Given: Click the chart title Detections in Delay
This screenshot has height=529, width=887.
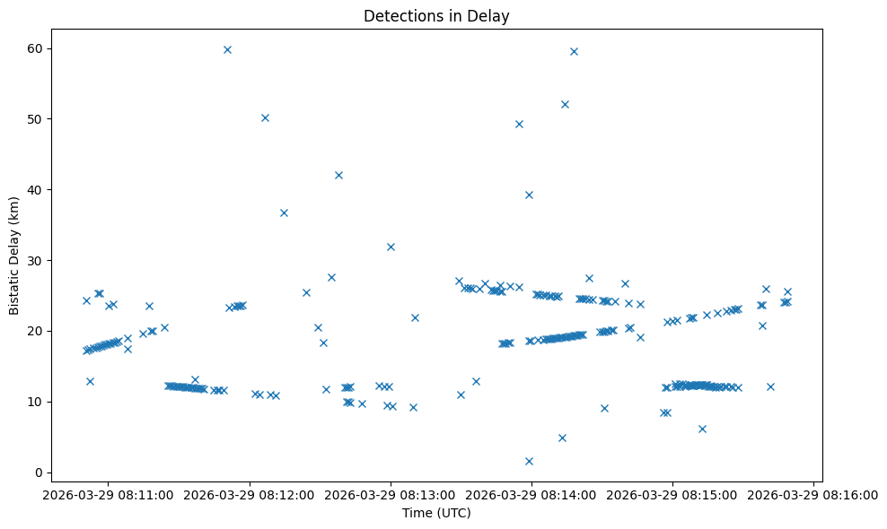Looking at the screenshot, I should click(436, 16).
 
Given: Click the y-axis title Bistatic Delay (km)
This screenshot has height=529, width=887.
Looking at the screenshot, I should click(13, 256).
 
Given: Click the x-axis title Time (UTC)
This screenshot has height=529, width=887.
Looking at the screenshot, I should click(436, 513).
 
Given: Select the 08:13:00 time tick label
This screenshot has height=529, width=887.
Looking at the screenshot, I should click(391, 494).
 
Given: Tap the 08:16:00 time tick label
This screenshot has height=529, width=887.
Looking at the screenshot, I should click(814, 494).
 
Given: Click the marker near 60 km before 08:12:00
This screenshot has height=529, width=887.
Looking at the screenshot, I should click(227, 49).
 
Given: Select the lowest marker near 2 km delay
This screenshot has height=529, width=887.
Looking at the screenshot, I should click(529, 461).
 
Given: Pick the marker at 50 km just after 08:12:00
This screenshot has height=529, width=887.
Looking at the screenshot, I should click(265, 117).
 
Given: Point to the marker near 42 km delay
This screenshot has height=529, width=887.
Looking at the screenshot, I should click(338, 175).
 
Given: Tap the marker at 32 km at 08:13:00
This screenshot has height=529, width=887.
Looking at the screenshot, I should click(391, 247).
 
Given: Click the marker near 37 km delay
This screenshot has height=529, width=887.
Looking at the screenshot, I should click(284, 212).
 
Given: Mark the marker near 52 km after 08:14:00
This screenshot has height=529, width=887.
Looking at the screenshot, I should click(565, 104).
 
